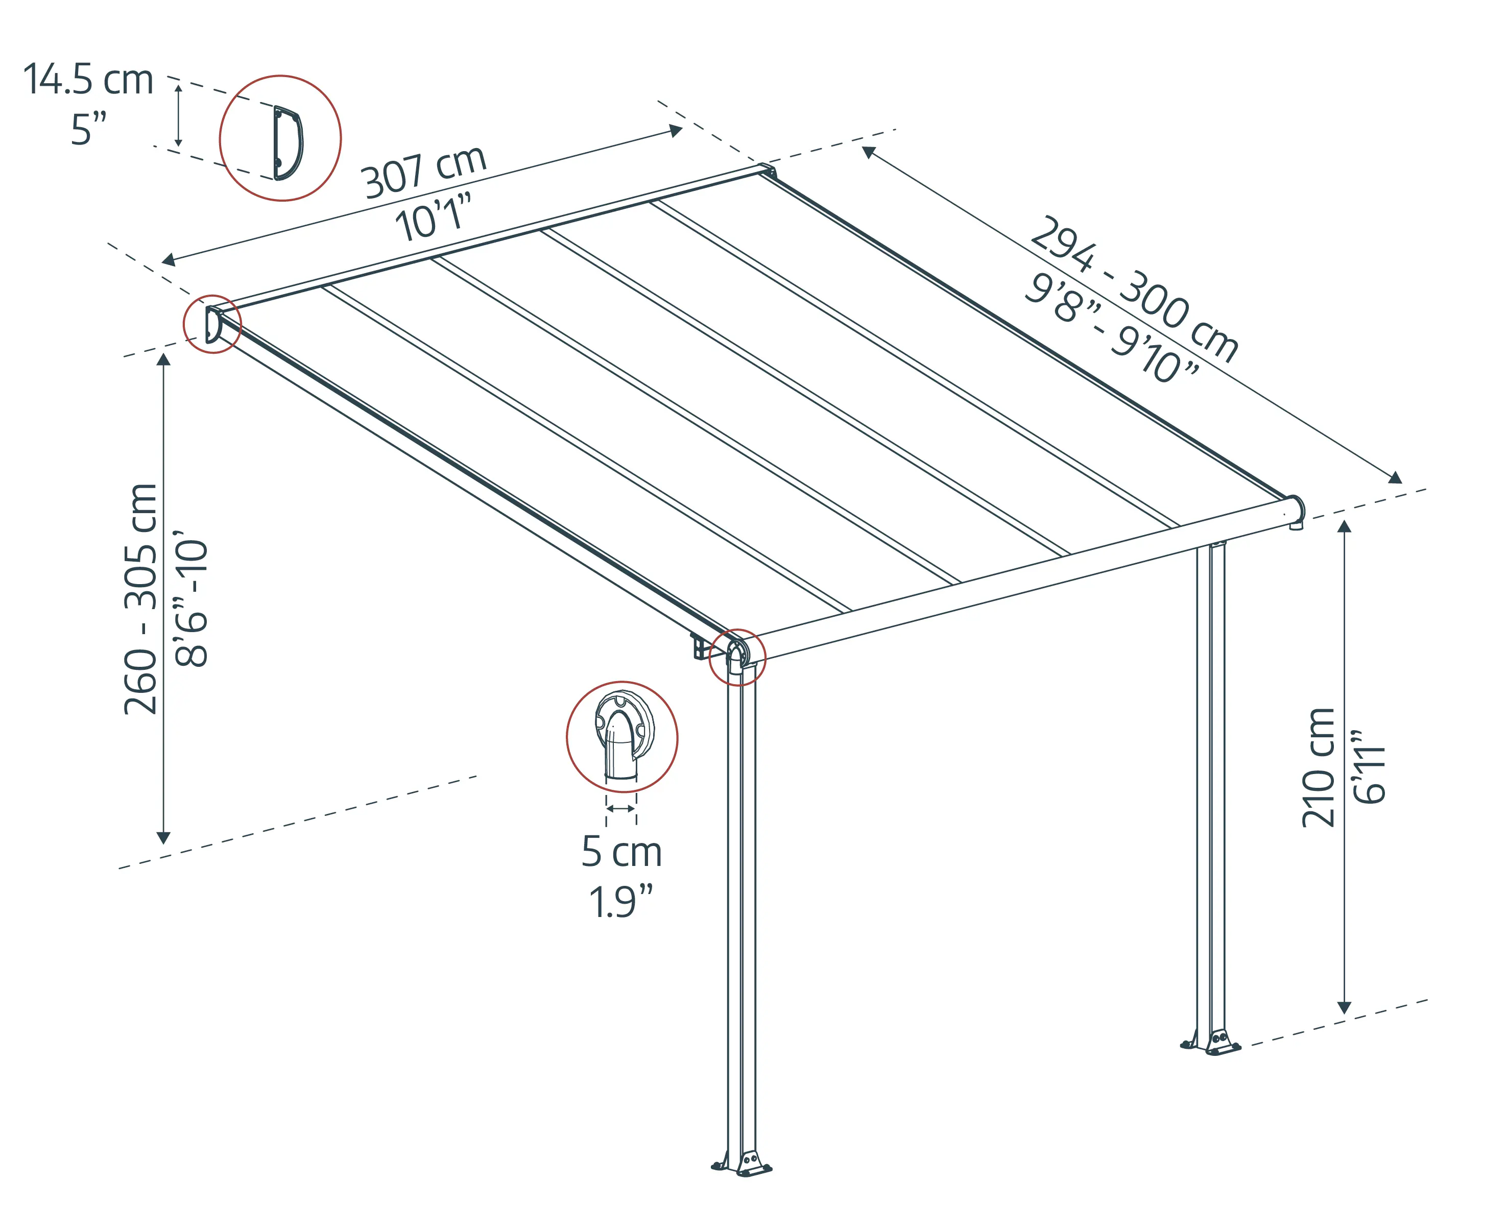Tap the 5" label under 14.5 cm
[x=89, y=130]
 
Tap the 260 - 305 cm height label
[x=140, y=598]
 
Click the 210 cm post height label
[x=1319, y=767]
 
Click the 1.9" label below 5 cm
[x=621, y=902]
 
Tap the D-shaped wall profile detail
[x=288, y=142]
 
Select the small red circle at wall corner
[x=212, y=324]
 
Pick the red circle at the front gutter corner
[x=737, y=657]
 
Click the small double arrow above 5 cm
[x=621, y=809]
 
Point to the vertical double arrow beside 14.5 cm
[x=178, y=115]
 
